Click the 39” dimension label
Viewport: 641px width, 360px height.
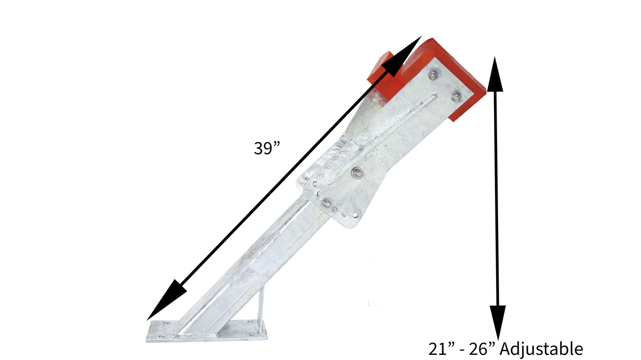[267, 148]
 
